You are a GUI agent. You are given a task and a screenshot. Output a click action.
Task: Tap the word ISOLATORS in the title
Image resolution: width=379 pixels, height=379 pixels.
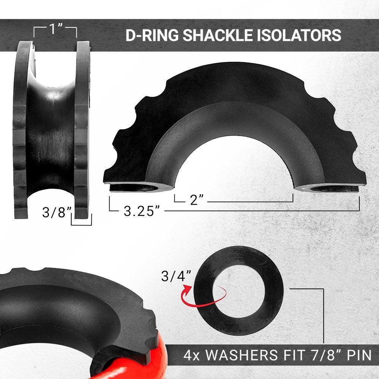click(297, 35)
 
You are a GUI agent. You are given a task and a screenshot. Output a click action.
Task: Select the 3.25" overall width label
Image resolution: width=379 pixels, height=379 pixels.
click(141, 211)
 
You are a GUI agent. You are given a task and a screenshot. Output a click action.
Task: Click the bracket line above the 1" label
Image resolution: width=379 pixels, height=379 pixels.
click(55, 27)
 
